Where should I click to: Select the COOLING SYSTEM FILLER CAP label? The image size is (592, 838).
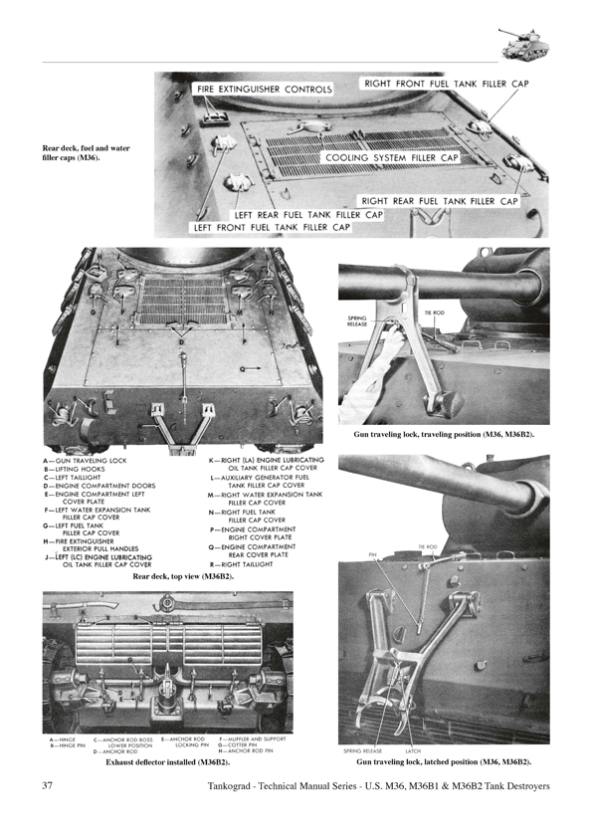point(390,158)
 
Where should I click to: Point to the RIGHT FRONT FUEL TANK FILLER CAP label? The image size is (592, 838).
point(445,85)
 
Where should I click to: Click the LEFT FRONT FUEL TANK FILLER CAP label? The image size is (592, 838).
point(273,227)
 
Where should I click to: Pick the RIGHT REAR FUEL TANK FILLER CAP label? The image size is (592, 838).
point(439,201)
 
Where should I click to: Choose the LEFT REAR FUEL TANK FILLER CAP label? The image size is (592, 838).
point(308,214)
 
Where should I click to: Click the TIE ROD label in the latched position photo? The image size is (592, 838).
point(428,546)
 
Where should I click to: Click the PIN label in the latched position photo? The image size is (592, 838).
point(372,555)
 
